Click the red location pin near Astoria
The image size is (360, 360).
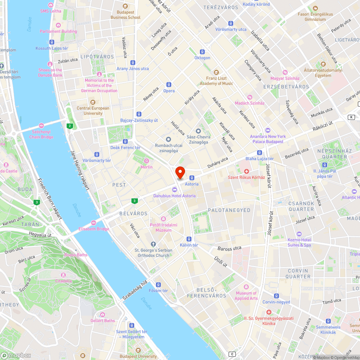pyautogui.click(x=180, y=172)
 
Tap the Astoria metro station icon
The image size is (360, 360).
pyautogui.click(x=192, y=177)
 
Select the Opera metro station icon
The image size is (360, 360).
pyautogui.click(x=169, y=85)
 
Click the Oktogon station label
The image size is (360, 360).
pyautogui.click(x=202, y=58)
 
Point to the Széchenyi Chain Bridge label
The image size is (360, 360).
pyautogui.click(x=41, y=134)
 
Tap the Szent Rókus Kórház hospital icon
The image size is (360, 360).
pyautogui.click(x=247, y=171)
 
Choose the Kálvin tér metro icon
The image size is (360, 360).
pyautogui.click(x=189, y=239)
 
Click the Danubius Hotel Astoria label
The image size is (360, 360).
pyautogui.click(x=175, y=196)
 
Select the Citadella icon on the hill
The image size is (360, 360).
pyautogui.click(x=63, y=275)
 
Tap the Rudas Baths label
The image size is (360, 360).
pyautogui.click(x=76, y=255)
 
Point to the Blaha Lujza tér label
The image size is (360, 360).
pyautogui.click(x=260, y=159)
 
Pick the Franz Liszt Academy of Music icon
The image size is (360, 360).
pyautogui.click(x=216, y=72)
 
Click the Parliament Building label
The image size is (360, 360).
pyautogui.click(x=58, y=31)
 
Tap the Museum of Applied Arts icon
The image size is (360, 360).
pyautogui.click(x=246, y=287)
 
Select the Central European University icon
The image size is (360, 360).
pyautogui.click(x=93, y=102)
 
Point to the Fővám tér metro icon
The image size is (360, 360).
pyautogui.click(x=155, y=285)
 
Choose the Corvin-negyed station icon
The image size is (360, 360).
pyautogui.click(x=276, y=296)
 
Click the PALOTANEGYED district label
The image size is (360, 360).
pyautogui.click(x=229, y=210)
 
